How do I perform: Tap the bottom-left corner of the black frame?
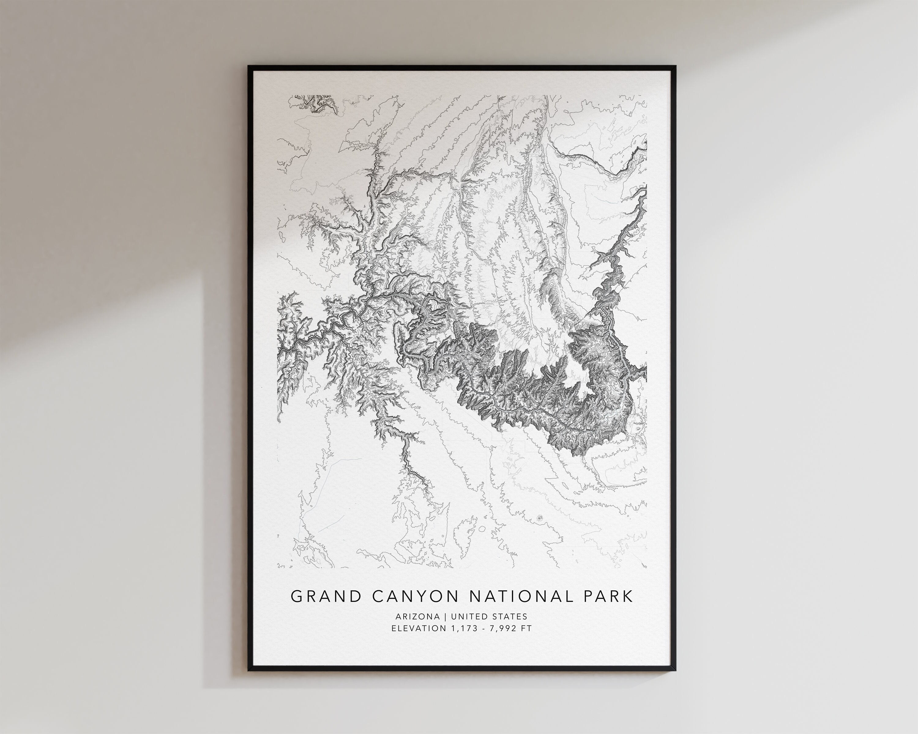pos(249,671)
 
